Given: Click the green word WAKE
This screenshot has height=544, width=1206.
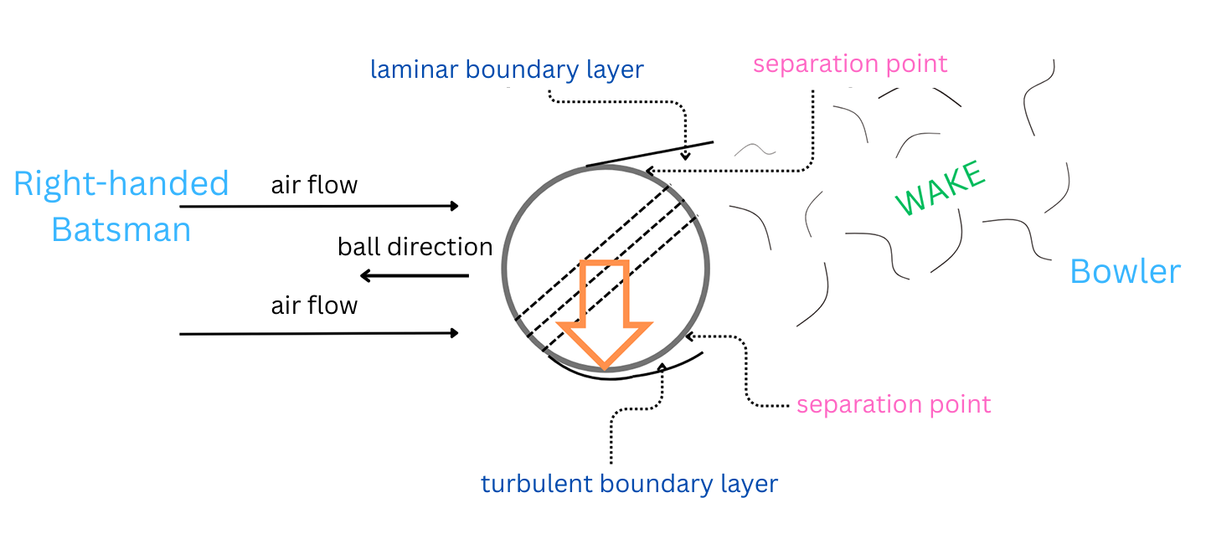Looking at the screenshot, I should tap(940, 189).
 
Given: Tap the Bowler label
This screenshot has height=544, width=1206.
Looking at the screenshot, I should tap(1125, 272).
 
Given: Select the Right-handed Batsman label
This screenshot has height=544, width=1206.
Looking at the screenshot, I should tap(121, 206).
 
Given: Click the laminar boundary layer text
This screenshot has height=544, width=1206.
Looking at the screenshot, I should tap(507, 69).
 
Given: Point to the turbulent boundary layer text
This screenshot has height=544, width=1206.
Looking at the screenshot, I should tap(629, 484).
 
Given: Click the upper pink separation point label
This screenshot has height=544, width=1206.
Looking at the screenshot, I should tap(850, 64).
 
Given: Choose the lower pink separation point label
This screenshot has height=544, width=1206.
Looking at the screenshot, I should tap(894, 404).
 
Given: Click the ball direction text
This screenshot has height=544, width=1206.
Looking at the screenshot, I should tap(415, 247).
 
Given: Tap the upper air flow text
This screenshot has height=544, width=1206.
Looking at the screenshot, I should tap(314, 184).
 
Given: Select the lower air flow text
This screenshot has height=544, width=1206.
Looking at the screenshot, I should tap(314, 305).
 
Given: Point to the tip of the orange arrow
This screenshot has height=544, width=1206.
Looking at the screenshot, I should tap(605, 367).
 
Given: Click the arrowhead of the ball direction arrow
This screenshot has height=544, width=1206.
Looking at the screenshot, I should tap(364, 275).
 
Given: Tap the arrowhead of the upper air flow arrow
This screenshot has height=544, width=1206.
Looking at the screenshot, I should tap(455, 206).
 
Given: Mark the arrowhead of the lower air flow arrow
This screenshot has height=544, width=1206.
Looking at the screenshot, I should tap(455, 333).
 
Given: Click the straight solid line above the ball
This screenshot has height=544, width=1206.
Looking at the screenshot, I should tap(649, 154).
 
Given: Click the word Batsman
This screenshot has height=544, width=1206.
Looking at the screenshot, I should tap(121, 228).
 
